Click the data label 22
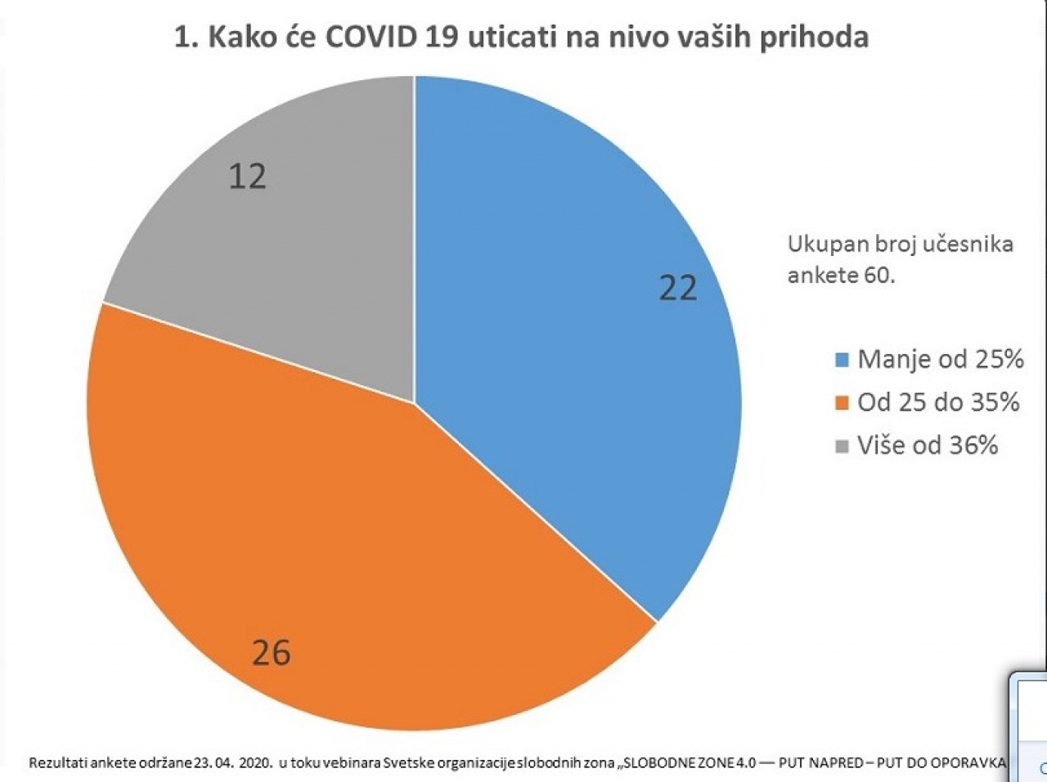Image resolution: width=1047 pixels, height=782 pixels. pyautogui.click(x=678, y=289)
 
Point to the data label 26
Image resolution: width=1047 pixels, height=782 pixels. pyautogui.click(x=271, y=653)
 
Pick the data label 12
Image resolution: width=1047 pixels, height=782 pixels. pyautogui.click(x=247, y=177)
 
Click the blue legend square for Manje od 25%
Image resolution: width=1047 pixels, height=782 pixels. pyautogui.click(x=843, y=361)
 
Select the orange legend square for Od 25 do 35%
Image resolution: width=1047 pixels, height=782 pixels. pyautogui.click(x=843, y=403)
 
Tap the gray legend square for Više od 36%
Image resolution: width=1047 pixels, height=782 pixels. pyautogui.click(x=843, y=447)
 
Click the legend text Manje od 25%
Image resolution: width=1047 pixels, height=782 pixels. pyautogui.click(x=941, y=359)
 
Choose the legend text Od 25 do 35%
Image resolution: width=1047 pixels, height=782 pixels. pyautogui.click(x=939, y=402)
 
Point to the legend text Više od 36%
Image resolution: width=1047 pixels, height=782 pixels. pyautogui.click(x=928, y=445)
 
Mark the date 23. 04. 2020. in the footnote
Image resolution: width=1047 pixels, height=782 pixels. pyautogui.click(x=234, y=762)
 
